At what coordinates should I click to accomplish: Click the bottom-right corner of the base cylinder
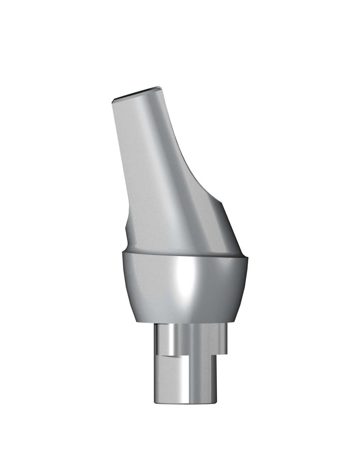(x=216, y=401)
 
